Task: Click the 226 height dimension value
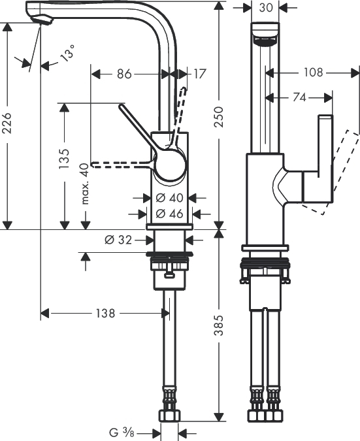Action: (x=7, y=123)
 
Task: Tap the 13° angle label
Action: (x=67, y=53)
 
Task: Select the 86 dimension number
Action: (x=124, y=74)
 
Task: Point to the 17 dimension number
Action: (x=200, y=74)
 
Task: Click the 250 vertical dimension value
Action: (x=218, y=117)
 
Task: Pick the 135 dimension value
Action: (x=64, y=159)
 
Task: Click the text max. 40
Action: (x=84, y=184)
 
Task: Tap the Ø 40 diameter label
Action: (x=170, y=198)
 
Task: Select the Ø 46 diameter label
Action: (x=170, y=214)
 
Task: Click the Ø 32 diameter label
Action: (x=118, y=240)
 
